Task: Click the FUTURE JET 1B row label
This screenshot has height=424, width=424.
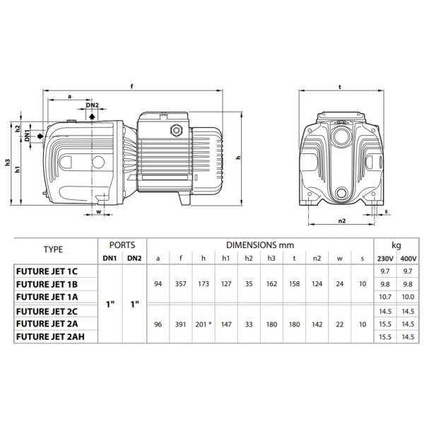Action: point(47,284)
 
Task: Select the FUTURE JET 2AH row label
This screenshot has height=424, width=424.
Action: point(50,336)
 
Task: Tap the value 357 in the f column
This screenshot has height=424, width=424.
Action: point(181,284)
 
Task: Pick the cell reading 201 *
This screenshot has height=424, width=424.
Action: point(204,324)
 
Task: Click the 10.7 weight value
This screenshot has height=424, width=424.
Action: point(385,297)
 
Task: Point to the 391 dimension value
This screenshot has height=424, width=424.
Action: point(181,324)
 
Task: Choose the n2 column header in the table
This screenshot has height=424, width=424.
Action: point(317,259)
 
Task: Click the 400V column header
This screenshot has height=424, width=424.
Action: point(408,259)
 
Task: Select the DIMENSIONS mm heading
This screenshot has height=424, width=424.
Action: point(260,245)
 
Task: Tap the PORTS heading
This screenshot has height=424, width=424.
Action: point(122,245)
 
